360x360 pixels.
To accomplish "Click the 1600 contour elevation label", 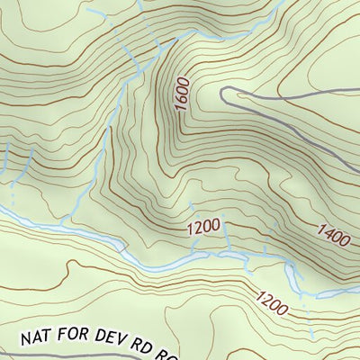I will coord(183,94).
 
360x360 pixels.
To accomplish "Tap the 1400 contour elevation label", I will coord(333,236).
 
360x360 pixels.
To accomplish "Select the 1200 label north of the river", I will coord(204,229).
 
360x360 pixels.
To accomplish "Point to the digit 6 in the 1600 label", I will coord(183,99).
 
